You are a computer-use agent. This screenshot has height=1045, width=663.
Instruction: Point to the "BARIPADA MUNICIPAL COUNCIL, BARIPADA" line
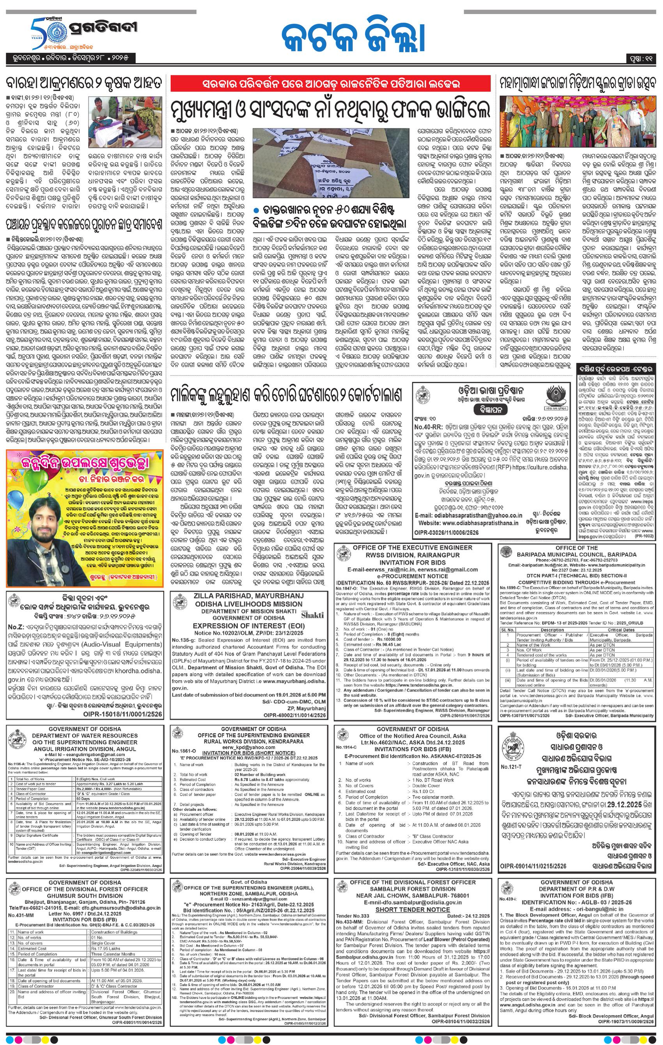[x=576, y=554]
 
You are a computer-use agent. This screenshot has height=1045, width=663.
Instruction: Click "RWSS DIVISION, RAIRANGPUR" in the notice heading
[x=412, y=555]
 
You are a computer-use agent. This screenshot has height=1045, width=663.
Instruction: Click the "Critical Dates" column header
[x=621, y=630]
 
